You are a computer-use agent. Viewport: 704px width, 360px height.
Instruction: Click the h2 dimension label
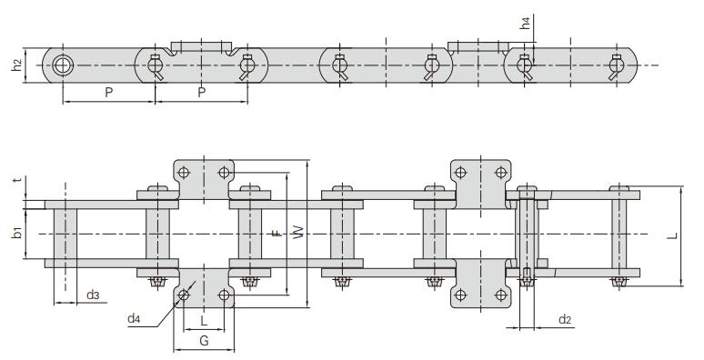(x=17, y=65)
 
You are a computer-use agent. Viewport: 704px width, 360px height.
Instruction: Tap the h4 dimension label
(x=526, y=23)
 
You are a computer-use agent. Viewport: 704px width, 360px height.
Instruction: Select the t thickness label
(x=17, y=180)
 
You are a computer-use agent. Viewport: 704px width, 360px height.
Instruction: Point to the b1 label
(x=17, y=234)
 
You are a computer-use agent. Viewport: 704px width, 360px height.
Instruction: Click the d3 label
(x=93, y=295)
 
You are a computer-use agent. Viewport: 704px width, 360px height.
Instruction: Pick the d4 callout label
(x=134, y=319)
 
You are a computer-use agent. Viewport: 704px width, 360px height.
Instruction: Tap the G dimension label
(x=204, y=341)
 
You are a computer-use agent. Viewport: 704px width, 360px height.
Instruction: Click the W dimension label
(x=298, y=232)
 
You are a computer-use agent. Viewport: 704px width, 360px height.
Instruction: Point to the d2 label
(x=565, y=320)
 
